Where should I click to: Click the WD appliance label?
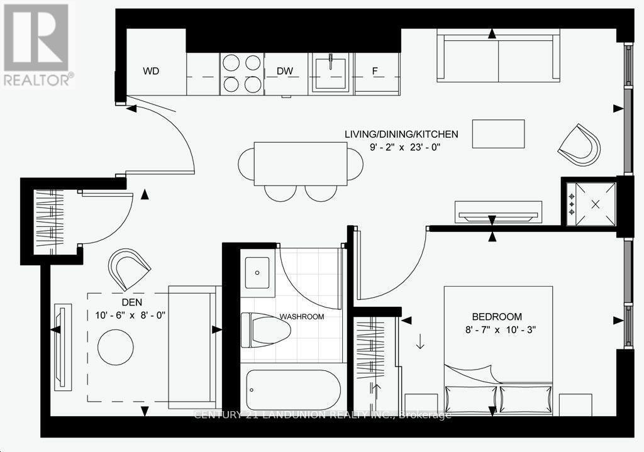(x=151, y=71)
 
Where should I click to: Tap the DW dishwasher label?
(x=286, y=71)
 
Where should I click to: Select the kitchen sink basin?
(x=330, y=73)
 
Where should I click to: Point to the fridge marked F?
(x=375, y=71)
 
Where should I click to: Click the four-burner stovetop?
(x=241, y=73)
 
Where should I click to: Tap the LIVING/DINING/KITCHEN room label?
(x=401, y=134)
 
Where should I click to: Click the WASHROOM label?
(x=302, y=316)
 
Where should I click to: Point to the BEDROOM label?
(x=497, y=316)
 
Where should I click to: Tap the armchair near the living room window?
(x=579, y=145)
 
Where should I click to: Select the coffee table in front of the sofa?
(x=499, y=133)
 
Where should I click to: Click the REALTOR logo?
(x=36, y=44)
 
